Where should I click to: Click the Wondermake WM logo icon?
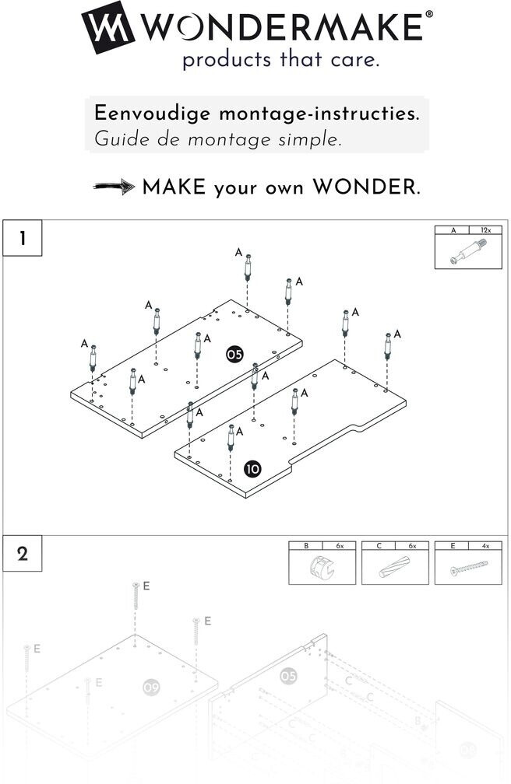(x=107, y=27)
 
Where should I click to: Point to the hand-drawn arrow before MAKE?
(x=114, y=187)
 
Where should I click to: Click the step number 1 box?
(x=23, y=239)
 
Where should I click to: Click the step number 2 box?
(x=23, y=554)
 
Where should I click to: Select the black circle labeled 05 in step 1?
(x=234, y=355)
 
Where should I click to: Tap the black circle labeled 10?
(x=252, y=468)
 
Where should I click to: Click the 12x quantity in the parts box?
(x=485, y=230)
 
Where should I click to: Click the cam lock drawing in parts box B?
(x=321, y=569)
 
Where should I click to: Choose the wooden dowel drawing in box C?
(x=394, y=569)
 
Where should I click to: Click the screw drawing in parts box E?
(x=467, y=569)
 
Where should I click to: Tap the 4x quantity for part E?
(x=485, y=546)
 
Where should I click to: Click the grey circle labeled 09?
(x=151, y=688)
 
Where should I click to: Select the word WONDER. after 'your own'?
(x=366, y=187)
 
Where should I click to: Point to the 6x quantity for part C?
(x=412, y=546)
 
